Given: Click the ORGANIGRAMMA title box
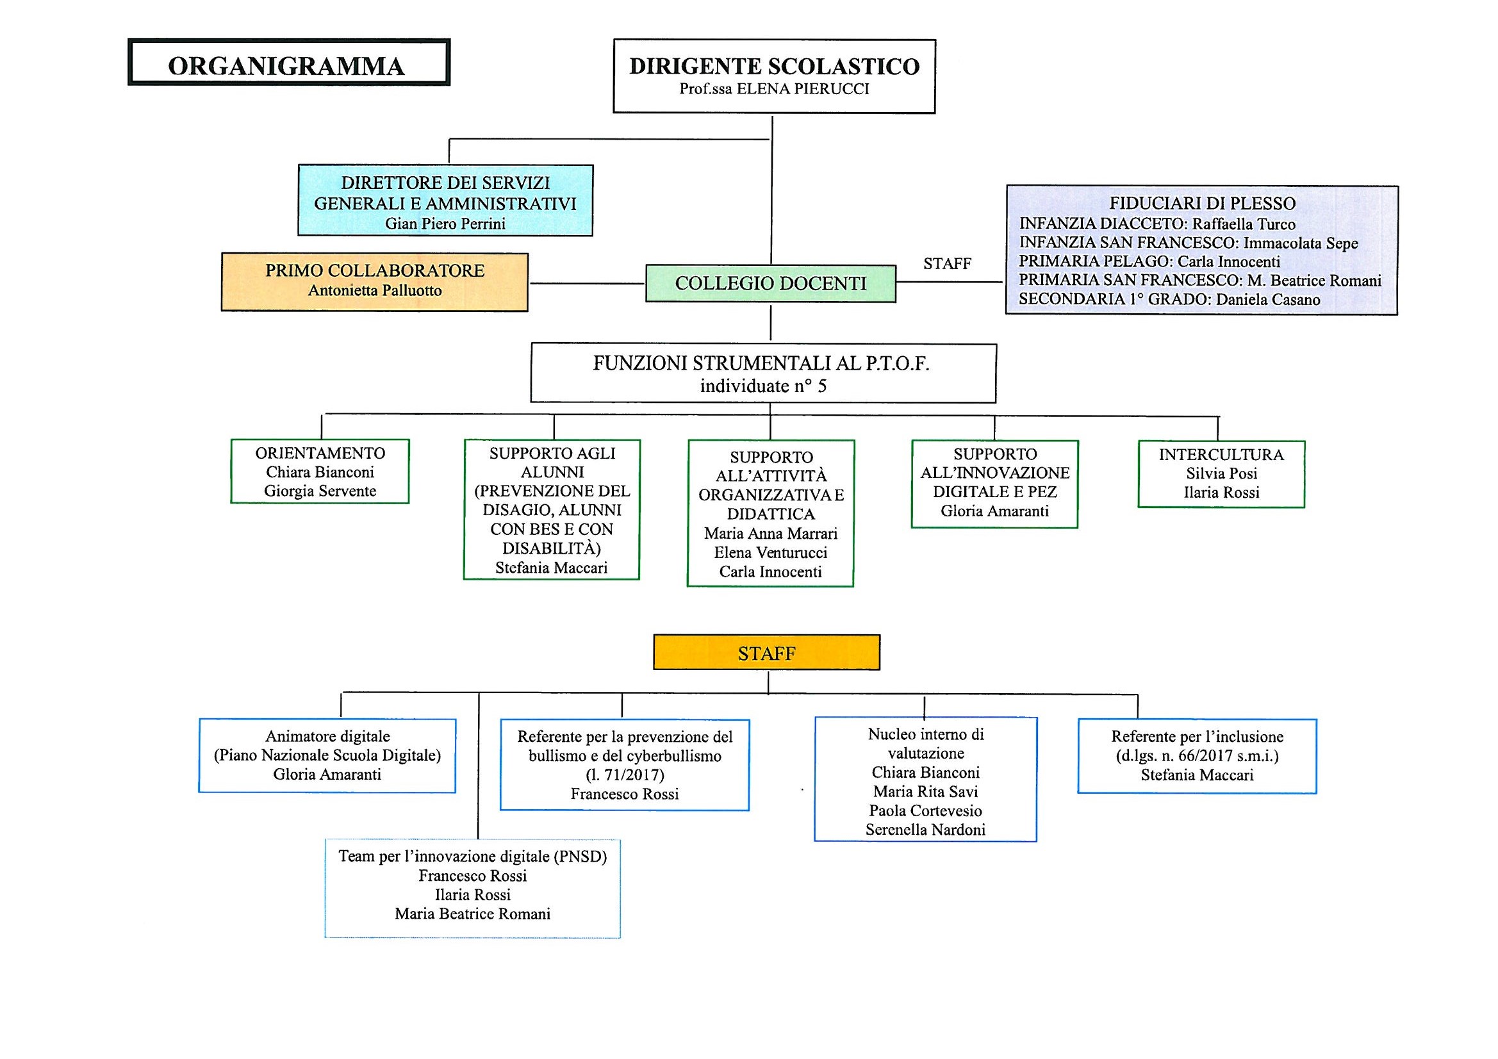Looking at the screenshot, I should pos(288,63).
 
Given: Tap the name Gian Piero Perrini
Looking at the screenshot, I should pos(445,224).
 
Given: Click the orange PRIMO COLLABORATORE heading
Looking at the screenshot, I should pos(374,271).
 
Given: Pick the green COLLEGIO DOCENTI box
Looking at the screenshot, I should pos(771,283).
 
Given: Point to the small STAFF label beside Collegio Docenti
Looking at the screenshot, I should pos(947,263).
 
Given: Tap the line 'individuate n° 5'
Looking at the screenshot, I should pos(762,386).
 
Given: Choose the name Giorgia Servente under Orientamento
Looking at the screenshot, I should pos(320,491).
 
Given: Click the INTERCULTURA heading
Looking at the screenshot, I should pos(1221,455).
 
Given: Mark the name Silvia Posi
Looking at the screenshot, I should pos(1221,473).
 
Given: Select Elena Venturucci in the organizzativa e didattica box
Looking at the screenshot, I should pos(770,554).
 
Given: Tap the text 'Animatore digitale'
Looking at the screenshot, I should pos(327,737).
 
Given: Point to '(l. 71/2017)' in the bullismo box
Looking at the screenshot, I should pos(625,775).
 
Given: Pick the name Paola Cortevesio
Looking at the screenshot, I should pos(925,811).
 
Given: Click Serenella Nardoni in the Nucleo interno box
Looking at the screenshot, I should pos(925,830).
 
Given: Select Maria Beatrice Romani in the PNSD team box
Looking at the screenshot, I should pos(472,914).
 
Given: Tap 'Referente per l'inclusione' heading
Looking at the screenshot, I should pos(1198,737).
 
